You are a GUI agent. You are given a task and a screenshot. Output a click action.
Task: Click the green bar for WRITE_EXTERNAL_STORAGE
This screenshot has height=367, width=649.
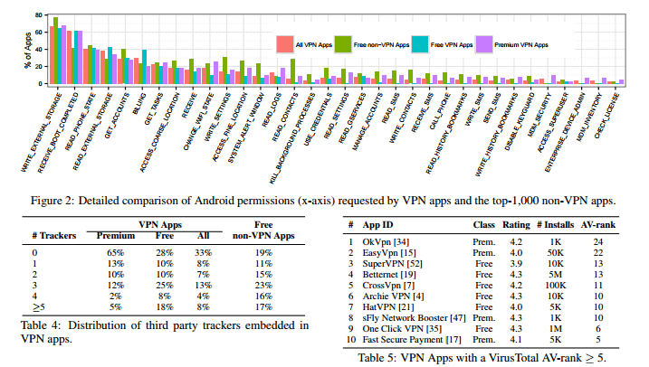[56, 50]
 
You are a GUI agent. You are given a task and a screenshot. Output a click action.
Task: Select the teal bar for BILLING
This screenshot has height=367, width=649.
[144, 68]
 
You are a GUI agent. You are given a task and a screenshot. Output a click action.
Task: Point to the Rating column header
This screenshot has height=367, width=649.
[515, 223]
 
